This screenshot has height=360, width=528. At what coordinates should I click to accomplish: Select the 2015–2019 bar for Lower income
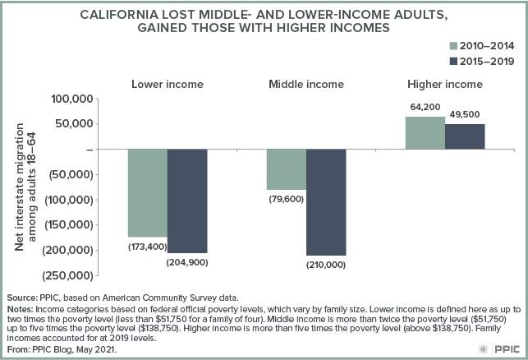pyautogui.click(x=187, y=201)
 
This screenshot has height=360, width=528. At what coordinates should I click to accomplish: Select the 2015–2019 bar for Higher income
pyautogui.click(x=466, y=136)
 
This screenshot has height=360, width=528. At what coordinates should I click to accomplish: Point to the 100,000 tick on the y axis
pyautogui.click(x=68, y=99)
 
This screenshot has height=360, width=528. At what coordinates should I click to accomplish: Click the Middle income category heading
pyautogui.click(x=306, y=84)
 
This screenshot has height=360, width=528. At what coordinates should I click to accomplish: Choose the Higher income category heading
pyautogui.click(x=445, y=84)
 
